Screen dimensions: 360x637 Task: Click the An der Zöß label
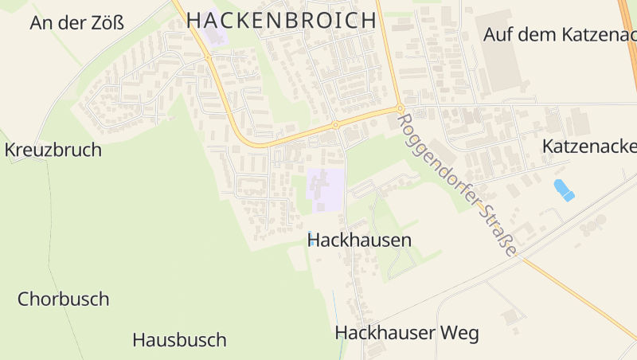tap(77, 22)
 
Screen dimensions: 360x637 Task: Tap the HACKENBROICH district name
tap(281, 21)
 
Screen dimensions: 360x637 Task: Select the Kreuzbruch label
tap(53, 150)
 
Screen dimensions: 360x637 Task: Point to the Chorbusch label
tap(64, 299)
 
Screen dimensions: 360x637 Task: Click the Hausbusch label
tap(179, 340)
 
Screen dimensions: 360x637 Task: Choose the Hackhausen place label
tap(359, 240)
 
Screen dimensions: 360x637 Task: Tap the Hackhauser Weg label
tap(407, 333)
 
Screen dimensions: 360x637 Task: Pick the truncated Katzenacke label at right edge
tap(589, 147)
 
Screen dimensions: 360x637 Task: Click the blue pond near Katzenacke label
tap(564, 190)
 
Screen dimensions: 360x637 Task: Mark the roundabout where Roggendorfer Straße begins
tap(401, 109)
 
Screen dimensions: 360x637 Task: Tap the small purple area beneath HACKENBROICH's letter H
tap(216, 37)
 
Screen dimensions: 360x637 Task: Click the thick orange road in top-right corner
tap(628, 24)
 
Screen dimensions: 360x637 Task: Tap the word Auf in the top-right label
tap(500, 34)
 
